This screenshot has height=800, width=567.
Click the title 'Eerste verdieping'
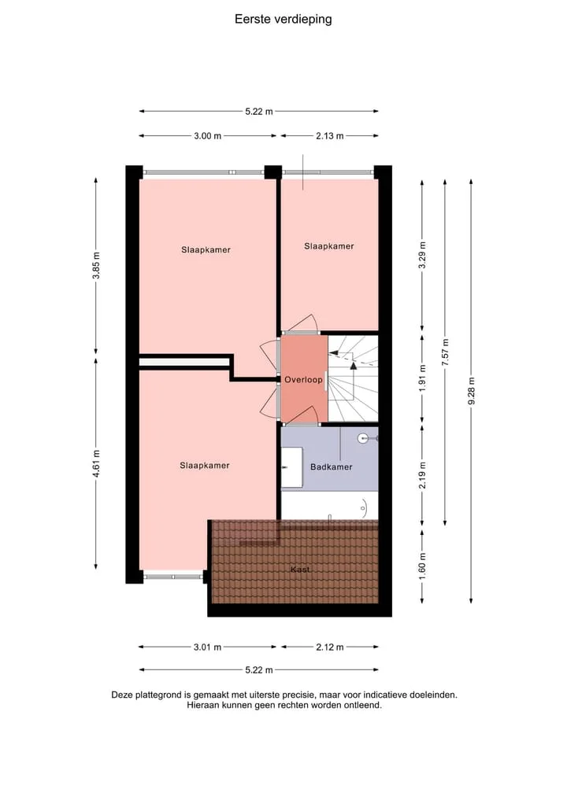tap(283, 20)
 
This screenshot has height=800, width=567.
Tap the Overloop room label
tap(303, 380)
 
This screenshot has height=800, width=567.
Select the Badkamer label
tap(332, 466)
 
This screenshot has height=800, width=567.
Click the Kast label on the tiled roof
tap(300, 570)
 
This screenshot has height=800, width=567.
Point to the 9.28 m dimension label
tap(472, 391)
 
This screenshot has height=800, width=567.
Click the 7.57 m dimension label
tap(446, 352)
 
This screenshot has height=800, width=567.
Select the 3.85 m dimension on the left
tap(96, 266)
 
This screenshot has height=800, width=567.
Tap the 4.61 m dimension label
tap(96, 463)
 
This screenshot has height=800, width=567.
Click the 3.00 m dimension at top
tap(207, 136)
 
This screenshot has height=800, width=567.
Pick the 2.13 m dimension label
tap(329, 136)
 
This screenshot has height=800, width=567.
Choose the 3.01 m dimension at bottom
tap(207, 647)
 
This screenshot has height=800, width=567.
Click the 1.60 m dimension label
tap(422, 566)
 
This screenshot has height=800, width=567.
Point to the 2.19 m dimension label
tap(422, 475)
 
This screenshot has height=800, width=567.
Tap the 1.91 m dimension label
tap(422, 378)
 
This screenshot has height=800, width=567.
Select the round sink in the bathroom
tap(364, 437)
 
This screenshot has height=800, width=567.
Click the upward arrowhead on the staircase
tap(354, 365)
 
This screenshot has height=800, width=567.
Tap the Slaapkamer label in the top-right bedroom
tap(329, 246)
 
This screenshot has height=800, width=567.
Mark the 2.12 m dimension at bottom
tap(329, 647)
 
